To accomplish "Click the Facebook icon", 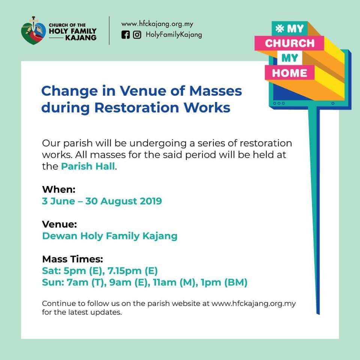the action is [125, 35].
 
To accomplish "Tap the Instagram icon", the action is [137, 35].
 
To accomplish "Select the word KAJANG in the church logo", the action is [81, 37].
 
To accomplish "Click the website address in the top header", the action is [157, 24].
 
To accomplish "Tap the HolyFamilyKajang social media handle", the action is [174, 34].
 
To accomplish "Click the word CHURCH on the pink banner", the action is [290, 43].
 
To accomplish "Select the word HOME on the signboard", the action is [289, 73].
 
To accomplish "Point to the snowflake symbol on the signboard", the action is [280, 29].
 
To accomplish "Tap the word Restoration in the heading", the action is [136, 108].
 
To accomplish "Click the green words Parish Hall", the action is [88, 166].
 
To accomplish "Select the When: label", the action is [59, 189].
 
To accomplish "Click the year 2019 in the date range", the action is [151, 201].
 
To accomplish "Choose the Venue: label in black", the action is [60, 224].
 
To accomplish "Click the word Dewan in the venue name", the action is [60, 236].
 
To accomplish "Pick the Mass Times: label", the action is [72, 259].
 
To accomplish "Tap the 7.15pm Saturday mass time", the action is [124, 271].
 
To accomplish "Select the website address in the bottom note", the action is [254, 303].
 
